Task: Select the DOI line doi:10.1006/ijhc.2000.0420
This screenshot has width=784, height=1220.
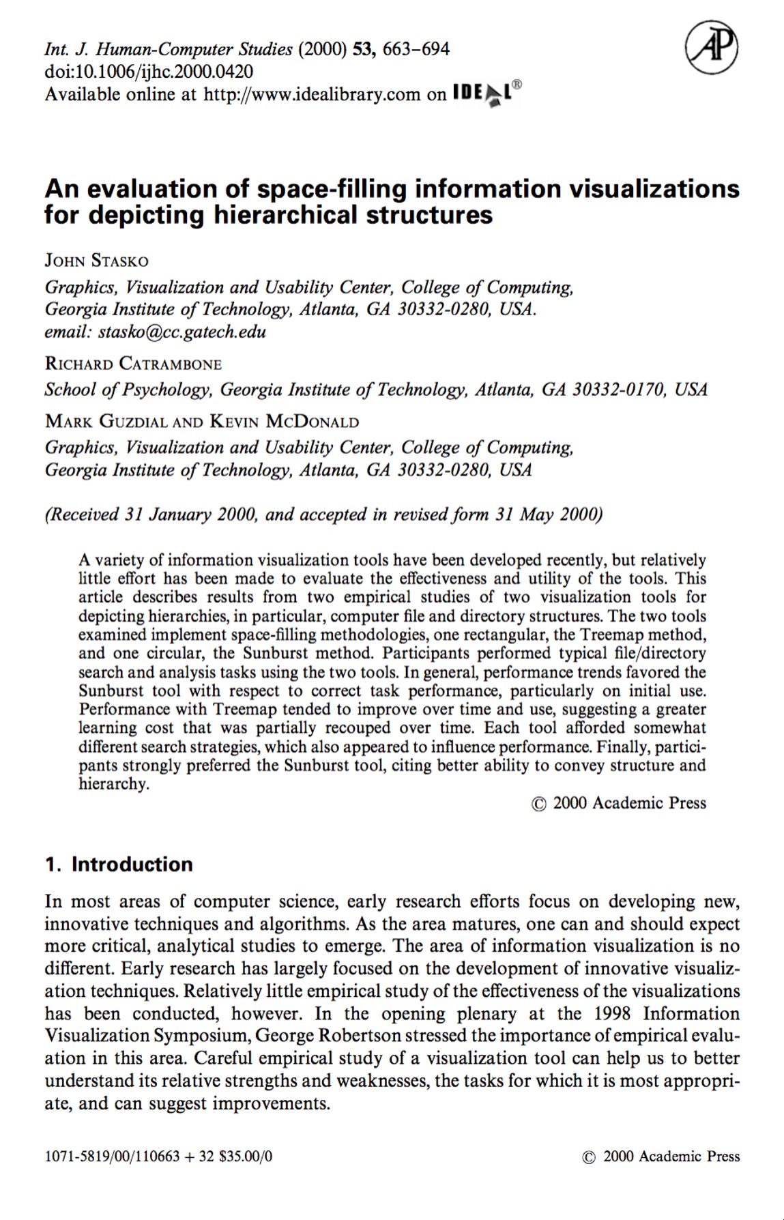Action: point(149,72)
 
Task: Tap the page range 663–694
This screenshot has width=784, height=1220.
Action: point(416,49)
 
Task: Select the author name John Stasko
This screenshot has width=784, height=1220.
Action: point(96,261)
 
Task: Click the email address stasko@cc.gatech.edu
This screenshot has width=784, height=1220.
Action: point(182,332)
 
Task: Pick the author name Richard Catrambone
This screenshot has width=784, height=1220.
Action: point(134,364)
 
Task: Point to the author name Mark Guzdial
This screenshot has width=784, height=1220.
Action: point(106,421)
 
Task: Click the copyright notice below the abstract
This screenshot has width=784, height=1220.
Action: point(619,803)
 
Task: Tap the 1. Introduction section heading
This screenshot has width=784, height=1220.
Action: point(119,865)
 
